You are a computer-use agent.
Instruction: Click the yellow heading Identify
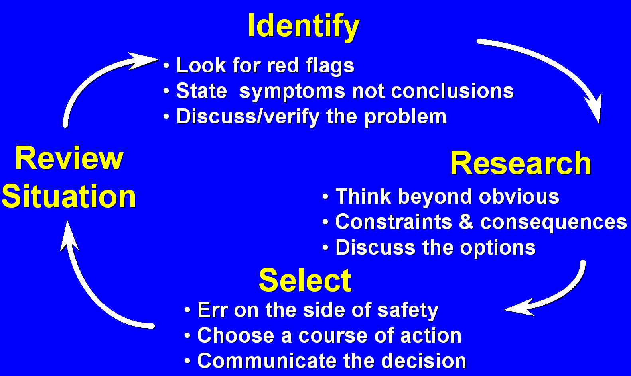click(x=304, y=27)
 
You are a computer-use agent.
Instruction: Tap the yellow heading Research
click(x=521, y=163)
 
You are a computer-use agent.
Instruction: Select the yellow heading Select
click(x=305, y=280)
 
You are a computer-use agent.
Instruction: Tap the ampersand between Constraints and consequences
click(x=466, y=222)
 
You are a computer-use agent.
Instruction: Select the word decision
click(x=421, y=361)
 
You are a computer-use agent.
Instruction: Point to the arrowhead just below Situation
click(x=68, y=236)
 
